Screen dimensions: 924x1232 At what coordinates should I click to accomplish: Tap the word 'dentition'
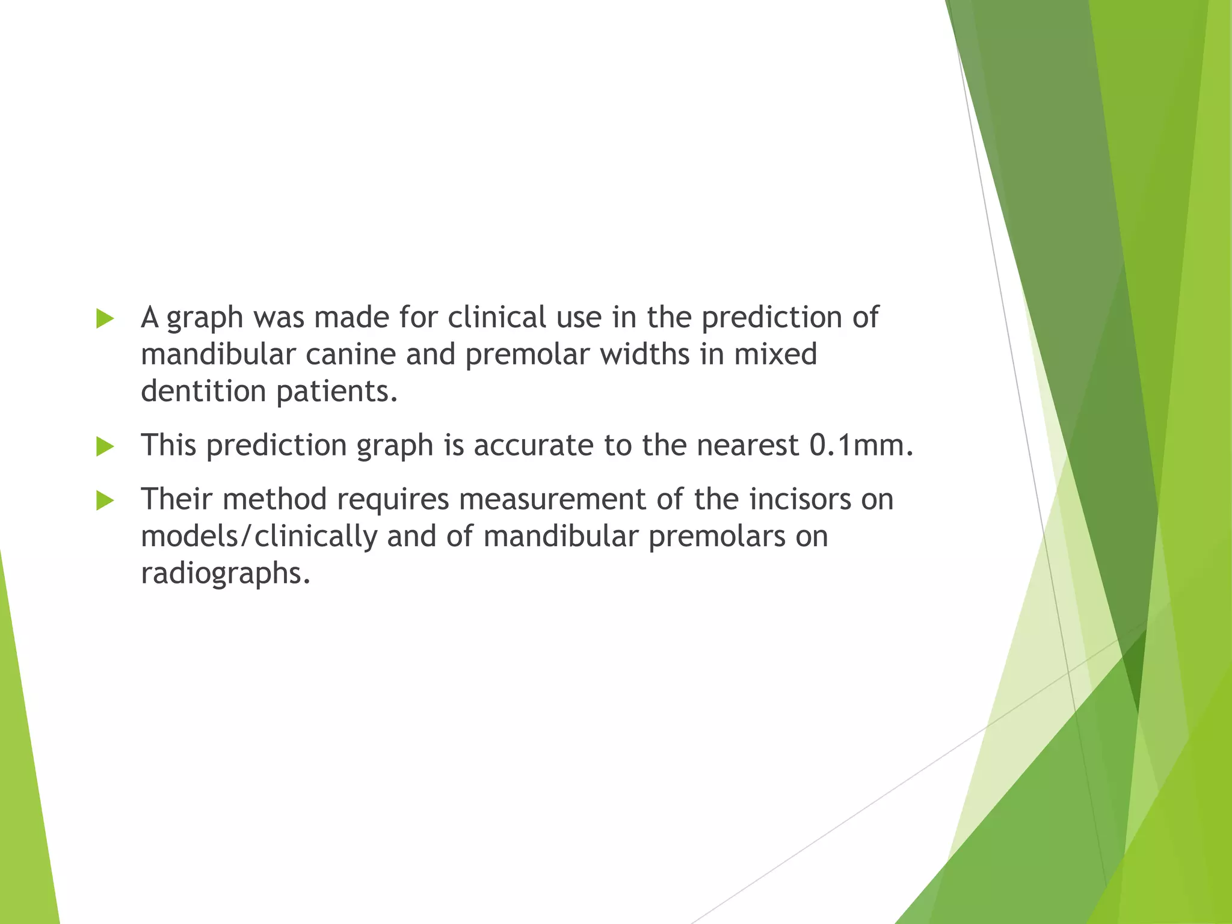(203, 391)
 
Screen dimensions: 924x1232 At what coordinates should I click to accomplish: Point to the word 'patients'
(336, 392)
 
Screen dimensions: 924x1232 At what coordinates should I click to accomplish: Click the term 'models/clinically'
(259, 536)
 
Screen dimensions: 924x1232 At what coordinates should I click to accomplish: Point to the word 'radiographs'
(225, 573)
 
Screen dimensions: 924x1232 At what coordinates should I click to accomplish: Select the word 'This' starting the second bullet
(168, 446)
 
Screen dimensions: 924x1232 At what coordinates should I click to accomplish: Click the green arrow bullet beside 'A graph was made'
(105, 319)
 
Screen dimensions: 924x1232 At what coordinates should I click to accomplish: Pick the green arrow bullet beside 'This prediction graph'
(105, 447)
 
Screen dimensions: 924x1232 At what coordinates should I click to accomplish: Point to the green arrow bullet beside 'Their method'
(105, 500)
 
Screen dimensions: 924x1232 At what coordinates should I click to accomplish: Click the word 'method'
(274, 499)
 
